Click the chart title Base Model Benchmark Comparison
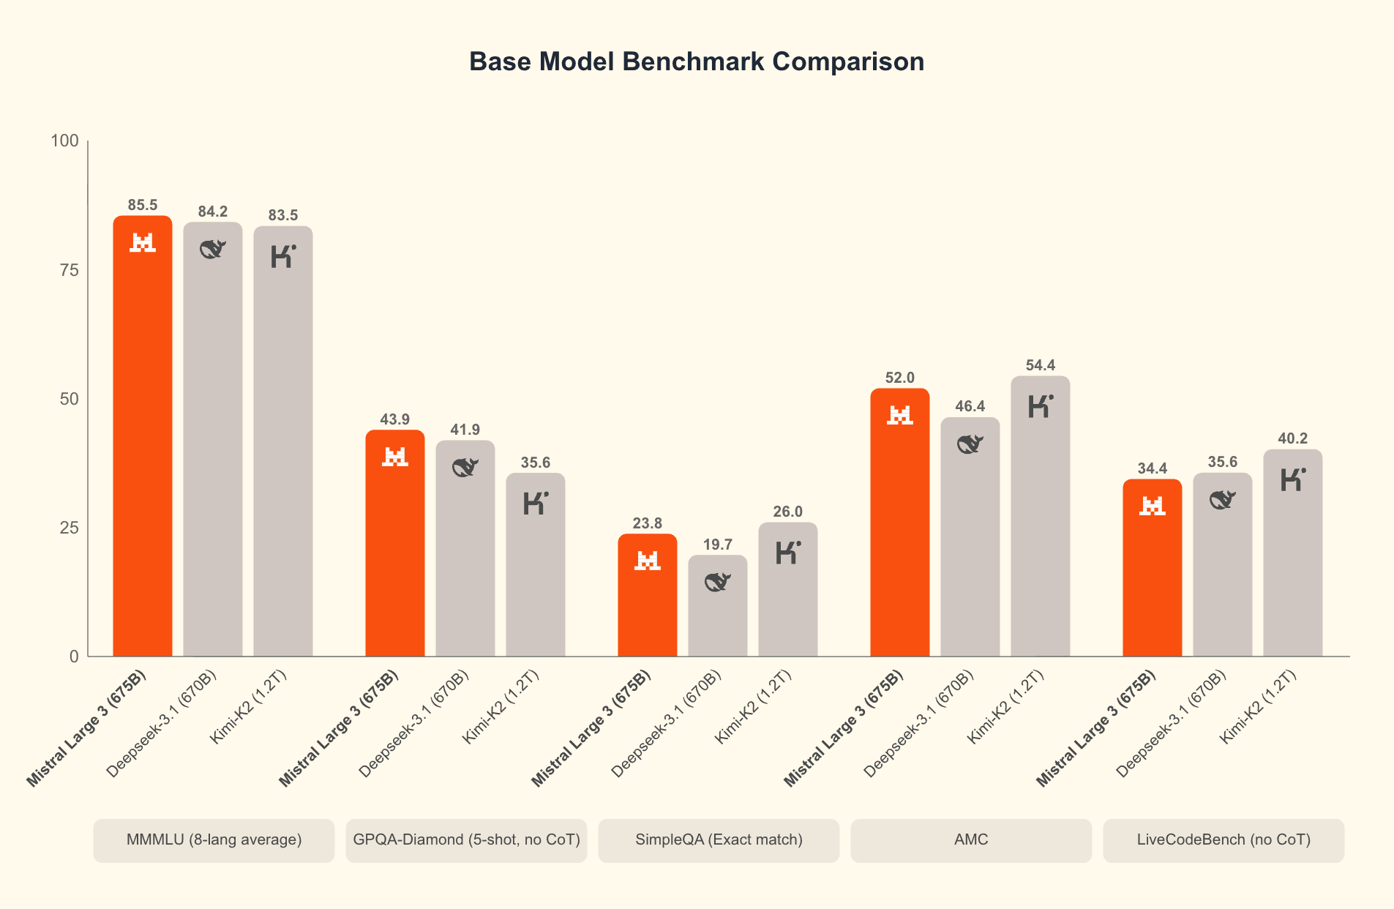696,61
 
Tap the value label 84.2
213,212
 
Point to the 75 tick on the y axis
69,270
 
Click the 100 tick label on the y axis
64,141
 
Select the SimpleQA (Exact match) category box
719,839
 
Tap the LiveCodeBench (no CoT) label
1224,839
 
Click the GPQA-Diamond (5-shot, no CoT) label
466,839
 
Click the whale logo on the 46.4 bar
970,444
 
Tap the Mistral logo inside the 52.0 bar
899,415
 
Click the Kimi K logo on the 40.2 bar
1293,479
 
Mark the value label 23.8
648,523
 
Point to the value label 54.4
1041,365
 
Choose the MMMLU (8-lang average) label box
214,839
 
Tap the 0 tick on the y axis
74,656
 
